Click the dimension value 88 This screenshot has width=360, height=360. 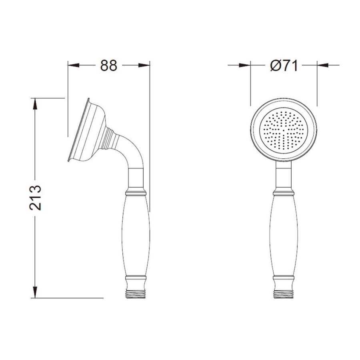(x=108, y=66)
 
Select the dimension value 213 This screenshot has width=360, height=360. (x=35, y=198)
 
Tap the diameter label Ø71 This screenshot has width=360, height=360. (x=284, y=66)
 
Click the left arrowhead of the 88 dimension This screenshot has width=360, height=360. (x=74, y=66)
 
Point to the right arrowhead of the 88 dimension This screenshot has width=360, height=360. (x=144, y=66)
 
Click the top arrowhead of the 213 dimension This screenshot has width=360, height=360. (x=35, y=104)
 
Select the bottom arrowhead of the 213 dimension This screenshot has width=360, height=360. (x=35, y=292)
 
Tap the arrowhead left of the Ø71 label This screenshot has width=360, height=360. (x=245, y=66)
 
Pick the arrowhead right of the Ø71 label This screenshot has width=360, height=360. (x=323, y=66)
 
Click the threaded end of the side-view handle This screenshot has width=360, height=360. (x=136, y=294)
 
